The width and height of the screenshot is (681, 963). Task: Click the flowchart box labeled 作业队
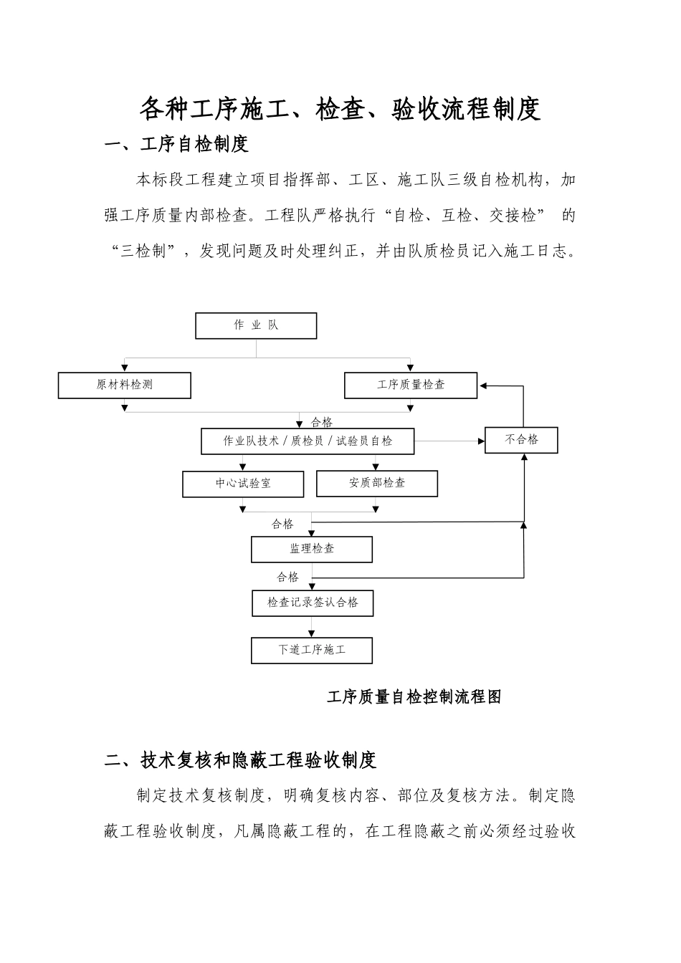coord(256,325)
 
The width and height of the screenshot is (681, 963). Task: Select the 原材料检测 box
coord(125,385)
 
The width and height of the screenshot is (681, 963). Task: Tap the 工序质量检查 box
coord(411,385)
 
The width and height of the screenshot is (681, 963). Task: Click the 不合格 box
coord(521,440)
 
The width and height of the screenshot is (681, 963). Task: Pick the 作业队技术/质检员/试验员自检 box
coord(308,441)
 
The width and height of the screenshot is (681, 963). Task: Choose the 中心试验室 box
coord(243,484)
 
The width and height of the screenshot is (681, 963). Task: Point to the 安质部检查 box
coord(377,484)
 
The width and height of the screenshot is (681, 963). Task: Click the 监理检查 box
coord(312,549)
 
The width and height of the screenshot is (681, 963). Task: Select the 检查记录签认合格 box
coord(313,603)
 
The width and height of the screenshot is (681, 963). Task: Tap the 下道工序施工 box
coord(312,651)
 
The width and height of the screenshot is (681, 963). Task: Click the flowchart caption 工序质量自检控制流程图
coord(414,696)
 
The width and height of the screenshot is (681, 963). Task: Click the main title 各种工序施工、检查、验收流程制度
coord(339,109)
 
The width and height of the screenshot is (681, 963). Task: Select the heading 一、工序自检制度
coord(176,144)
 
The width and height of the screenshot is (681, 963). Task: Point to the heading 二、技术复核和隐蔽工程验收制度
coord(240,760)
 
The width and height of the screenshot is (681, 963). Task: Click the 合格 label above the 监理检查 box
coord(282,524)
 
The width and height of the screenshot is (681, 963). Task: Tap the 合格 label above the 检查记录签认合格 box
coord(287,577)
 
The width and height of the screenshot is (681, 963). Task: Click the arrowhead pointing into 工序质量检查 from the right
coord(484,385)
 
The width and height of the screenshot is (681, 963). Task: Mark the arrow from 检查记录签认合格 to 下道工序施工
coord(311,628)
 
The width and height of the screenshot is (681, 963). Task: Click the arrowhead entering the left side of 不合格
coord(481,441)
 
